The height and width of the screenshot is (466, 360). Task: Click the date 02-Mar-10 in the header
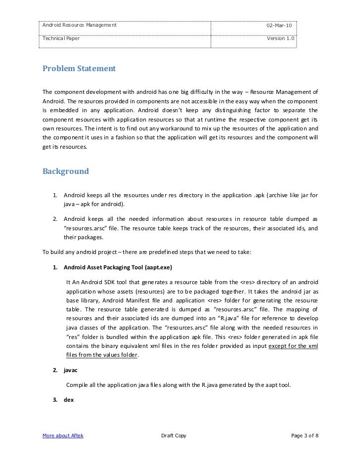(279, 25)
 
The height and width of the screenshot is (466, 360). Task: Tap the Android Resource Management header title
(80, 25)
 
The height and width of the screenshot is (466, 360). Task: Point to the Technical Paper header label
(58, 39)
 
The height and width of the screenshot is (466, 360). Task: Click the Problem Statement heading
(79, 68)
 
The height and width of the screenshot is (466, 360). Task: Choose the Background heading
(66, 171)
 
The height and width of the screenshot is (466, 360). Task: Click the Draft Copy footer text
(174, 435)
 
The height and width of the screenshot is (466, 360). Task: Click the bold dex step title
(69, 399)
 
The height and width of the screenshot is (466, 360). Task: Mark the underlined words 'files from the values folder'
(102, 355)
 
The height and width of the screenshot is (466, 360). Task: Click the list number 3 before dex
(54, 399)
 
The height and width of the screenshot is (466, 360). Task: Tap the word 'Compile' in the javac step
(78, 385)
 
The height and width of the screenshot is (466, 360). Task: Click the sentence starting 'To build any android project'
(147, 253)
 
